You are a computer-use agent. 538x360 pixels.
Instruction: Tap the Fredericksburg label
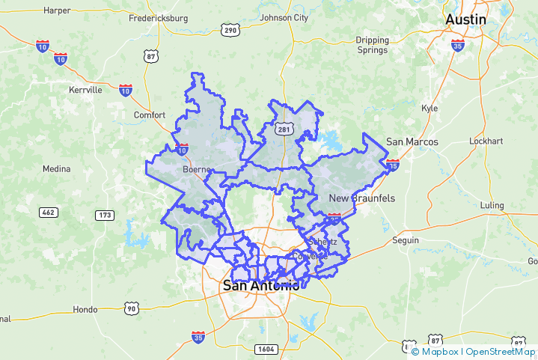click(x=159, y=17)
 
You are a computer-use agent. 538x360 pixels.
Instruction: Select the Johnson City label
click(x=284, y=18)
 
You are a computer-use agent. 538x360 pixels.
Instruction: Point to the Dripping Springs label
click(x=373, y=45)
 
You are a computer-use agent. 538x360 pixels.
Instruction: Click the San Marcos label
click(x=412, y=141)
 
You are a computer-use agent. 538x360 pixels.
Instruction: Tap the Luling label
click(x=492, y=205)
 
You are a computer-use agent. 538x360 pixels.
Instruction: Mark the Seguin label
click(x=406, y=240)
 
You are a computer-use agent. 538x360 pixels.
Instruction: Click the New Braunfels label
click(x=362, y=198)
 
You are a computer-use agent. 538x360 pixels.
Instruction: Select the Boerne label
click(x=198, y=169)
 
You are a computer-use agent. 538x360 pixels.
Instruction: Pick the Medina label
click(x=56, y=168)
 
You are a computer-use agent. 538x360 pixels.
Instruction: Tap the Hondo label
click(x=85, y=309)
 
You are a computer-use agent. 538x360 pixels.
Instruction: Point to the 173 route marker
click(x=106, y=215)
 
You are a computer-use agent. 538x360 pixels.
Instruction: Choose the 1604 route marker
click(x=266, y=349)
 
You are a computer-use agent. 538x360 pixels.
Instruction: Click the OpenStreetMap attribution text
click(x=499, y=351)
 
